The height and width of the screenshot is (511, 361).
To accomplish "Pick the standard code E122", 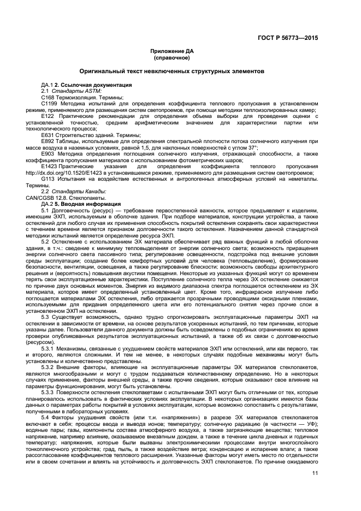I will [x=48, y=116].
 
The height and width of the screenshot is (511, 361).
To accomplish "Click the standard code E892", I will [x=48, y=141].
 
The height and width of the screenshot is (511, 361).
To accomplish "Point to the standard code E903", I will [x=48, y=153].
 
